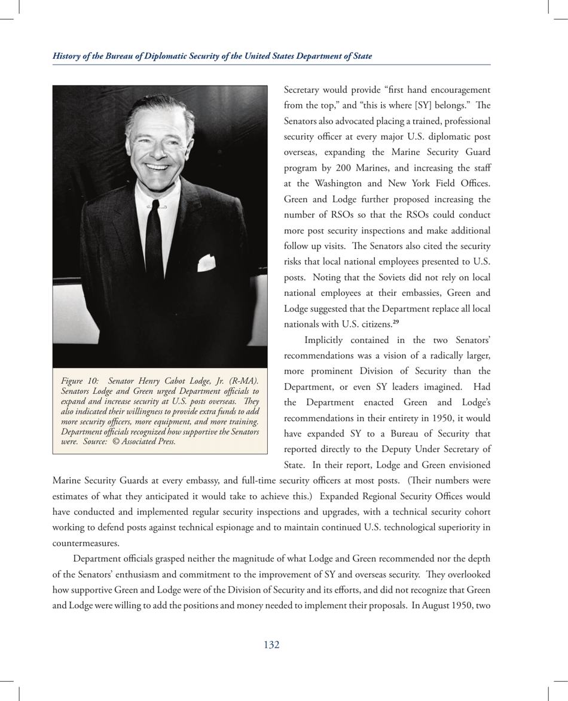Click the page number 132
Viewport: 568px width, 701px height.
(x=272, y=645)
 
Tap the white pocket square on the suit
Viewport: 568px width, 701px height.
(x=206, y=261)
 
